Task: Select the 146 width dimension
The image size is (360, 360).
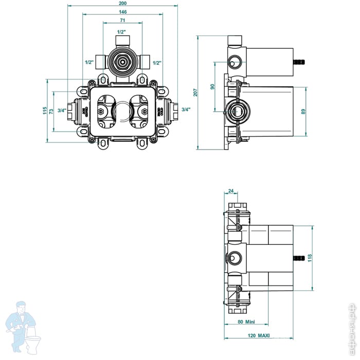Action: (x=123, y=12)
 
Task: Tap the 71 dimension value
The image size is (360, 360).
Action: (x=123, y=21)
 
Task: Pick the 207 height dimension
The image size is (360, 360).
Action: (x=195, y=93)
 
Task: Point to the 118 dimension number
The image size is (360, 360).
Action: (x=309, y=257)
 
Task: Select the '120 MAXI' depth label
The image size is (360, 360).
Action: (x=260, y=336)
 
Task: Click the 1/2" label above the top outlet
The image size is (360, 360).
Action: (x=122, y=32)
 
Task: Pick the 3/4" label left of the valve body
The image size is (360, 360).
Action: (x=62, y=110)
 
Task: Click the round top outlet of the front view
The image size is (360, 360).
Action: (x=122, y=61)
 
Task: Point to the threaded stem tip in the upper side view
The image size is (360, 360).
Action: (x=298, y=62)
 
